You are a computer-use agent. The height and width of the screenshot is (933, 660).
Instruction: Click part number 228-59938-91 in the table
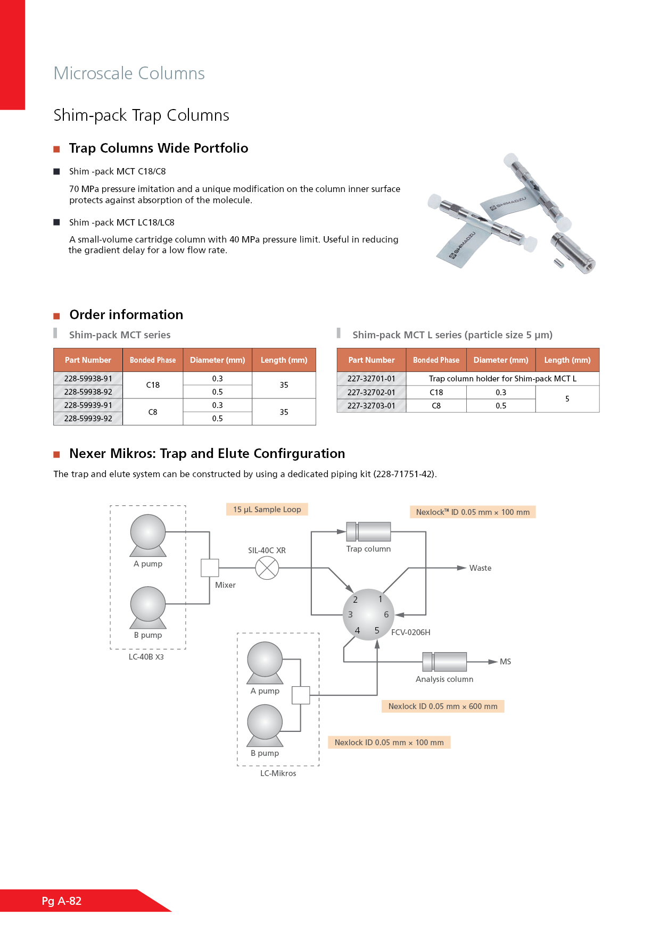pos(88,379)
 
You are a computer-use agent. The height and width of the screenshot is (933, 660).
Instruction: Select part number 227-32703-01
pos(372,406)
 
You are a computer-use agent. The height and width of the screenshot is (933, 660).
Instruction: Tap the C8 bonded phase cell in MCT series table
pos(153,412)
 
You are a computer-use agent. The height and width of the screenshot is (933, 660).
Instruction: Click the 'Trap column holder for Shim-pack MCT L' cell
pos(502,379)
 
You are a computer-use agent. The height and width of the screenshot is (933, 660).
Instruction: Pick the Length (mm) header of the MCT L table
pos(567,360)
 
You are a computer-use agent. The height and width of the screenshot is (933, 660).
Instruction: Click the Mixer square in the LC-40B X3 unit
pos(210,568)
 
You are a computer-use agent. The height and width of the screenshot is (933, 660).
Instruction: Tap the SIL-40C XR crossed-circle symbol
pos(267,568)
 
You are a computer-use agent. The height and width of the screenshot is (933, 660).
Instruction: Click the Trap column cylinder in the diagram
pos(368,531)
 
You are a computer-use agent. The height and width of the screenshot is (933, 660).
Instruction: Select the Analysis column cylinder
pos(444,662)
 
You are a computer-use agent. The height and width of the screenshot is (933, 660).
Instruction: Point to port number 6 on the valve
pos(386,614)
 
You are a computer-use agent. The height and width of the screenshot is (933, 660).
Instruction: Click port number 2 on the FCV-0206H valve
pos(356,599)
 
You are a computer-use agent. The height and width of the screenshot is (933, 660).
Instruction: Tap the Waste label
pos(480,568)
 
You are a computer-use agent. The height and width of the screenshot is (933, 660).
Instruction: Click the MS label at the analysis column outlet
pos(505,662)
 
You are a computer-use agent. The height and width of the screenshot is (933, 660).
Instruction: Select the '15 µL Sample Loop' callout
pos(267,510)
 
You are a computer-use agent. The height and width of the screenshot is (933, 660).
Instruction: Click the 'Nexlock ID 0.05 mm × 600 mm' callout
pos(443,706)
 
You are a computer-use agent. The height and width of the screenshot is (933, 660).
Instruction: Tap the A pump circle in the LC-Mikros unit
pos(265,660)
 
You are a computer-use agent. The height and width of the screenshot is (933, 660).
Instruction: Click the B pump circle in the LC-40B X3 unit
pos(148,604)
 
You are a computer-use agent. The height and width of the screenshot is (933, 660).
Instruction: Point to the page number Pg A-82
pos(62,901)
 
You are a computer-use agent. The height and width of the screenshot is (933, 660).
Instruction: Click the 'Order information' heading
pos(126,315)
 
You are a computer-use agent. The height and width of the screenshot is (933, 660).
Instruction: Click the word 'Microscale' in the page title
pos(93,73)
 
